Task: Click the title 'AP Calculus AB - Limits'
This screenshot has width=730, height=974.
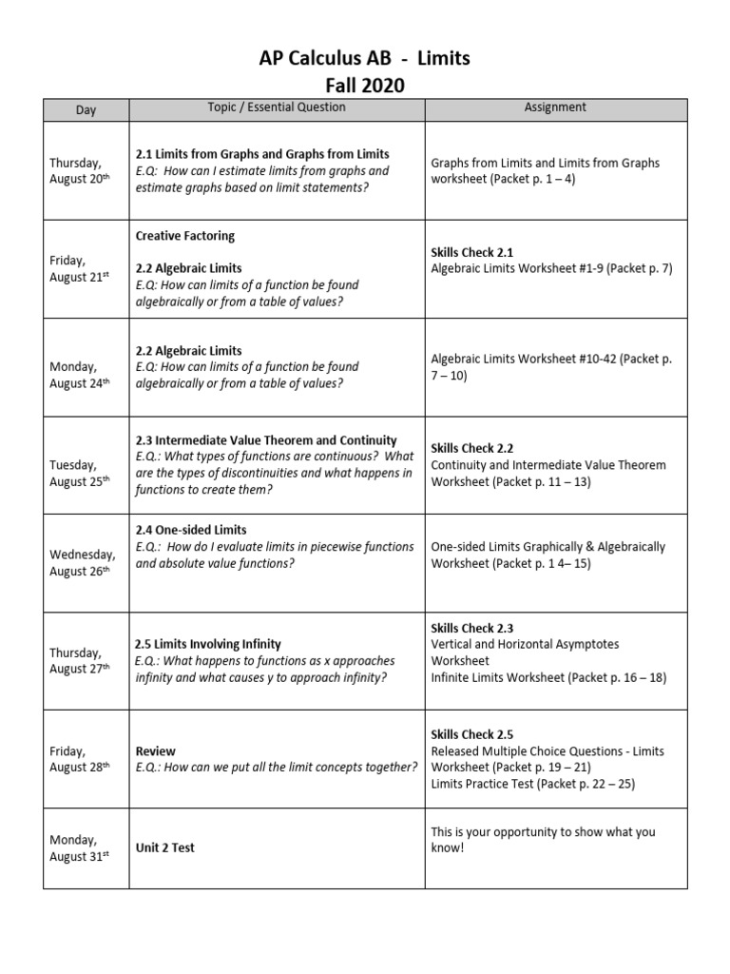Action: (365, 60)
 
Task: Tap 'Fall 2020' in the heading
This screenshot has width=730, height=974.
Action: (365, 86)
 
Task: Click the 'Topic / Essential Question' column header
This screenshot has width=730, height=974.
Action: (277, 107)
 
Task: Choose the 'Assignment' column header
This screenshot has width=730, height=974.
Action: (555, 107)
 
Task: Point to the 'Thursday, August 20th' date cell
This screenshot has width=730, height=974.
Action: (80, 171)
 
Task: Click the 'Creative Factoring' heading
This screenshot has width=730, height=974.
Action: (184, 236)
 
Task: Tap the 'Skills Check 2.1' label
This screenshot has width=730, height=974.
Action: (472, 253)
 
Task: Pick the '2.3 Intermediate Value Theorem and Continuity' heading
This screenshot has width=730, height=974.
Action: (266, 440)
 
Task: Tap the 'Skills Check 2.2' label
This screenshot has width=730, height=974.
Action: (472, 448)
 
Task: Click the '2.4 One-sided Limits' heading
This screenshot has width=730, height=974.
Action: (191, 530)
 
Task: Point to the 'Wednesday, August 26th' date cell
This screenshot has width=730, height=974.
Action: (83, 563)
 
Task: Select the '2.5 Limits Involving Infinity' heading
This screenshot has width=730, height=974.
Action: (208, 644)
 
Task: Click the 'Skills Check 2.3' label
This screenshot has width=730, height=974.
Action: (472, 628)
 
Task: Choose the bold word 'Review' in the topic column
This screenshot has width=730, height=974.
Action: (156, 750)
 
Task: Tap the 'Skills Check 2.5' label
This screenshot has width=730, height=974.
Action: (472, 734)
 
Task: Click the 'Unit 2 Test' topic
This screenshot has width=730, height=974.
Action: (164, 847)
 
